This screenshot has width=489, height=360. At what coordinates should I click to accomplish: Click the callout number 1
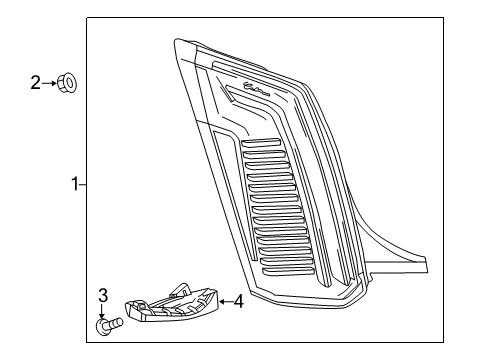point(74,184)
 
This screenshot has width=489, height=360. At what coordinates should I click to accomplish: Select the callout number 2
point(35,83)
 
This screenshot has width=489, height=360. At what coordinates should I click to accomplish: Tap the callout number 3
point(103,294)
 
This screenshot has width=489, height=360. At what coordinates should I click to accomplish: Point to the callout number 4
point(238,300)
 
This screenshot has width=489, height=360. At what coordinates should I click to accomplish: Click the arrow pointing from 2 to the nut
point(49,83)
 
